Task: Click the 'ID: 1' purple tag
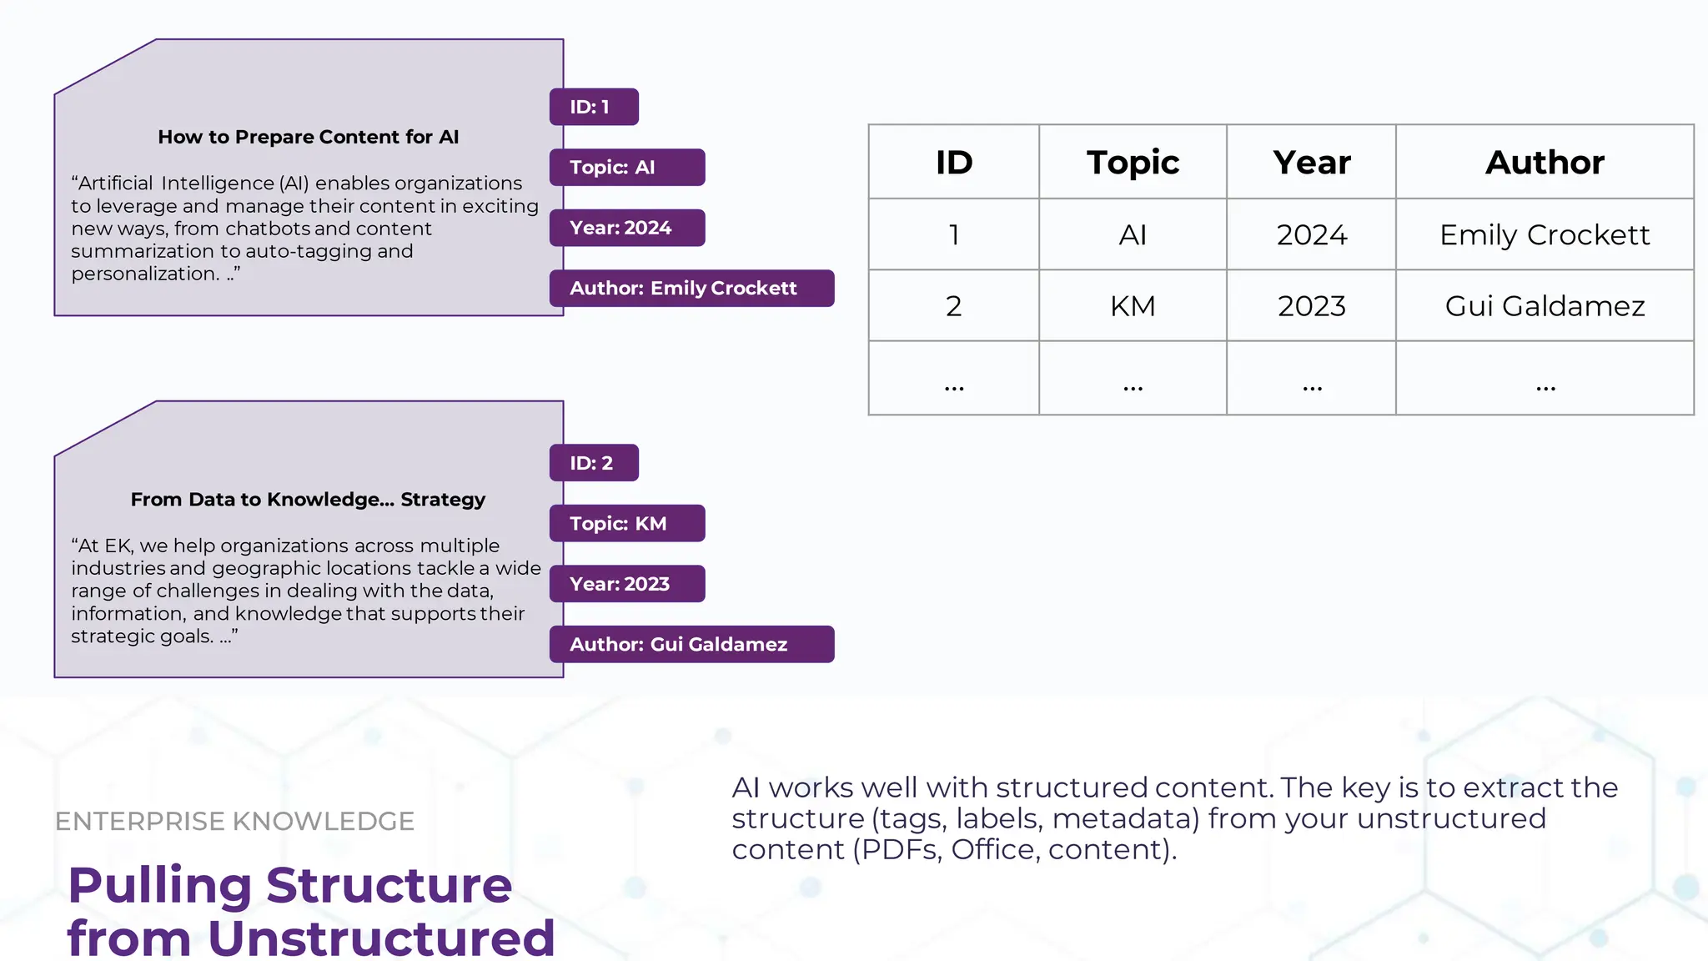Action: coord(594,107)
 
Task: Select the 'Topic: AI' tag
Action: coord(626,167)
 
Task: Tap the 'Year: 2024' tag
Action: coord(626,228)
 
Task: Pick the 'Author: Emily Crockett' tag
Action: coord(691,288)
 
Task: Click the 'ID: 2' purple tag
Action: coord(594,463)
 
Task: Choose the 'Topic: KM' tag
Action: coord(626,523)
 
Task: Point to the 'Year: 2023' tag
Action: coord(626,584)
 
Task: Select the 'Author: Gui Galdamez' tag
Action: coord(691,644)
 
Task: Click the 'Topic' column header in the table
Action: coord(1133,162)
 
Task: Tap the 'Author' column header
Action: coord(1545,162)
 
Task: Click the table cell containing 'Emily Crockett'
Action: coord(1545,234)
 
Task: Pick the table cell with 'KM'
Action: coord(1133,306)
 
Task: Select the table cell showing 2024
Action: coord(1311,234)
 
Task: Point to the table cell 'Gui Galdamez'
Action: coord(1545,306)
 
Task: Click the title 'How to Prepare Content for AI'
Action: coord(308,137)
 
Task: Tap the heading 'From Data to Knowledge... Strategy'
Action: coord(308,500)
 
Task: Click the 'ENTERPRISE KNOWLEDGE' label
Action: coord(234,821)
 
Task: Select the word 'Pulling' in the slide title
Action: coord(159,885)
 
